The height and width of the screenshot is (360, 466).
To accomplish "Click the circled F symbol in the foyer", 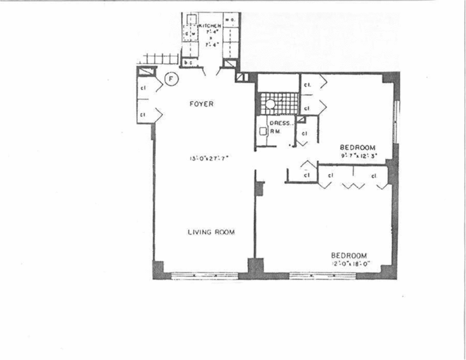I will (x=170, y=78).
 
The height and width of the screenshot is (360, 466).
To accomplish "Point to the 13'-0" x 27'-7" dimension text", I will (x=209, y=159).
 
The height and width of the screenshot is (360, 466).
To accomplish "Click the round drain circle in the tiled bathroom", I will (x=271, y=104).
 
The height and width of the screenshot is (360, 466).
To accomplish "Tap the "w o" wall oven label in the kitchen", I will (x=229, y=20).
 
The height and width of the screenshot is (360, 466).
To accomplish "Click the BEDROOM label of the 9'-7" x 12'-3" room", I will (x=357, y=148).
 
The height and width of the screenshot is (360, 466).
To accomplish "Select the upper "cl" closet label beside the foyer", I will (x=143, y=88).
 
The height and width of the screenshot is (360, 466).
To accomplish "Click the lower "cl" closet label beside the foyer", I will (x=143, y=114).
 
